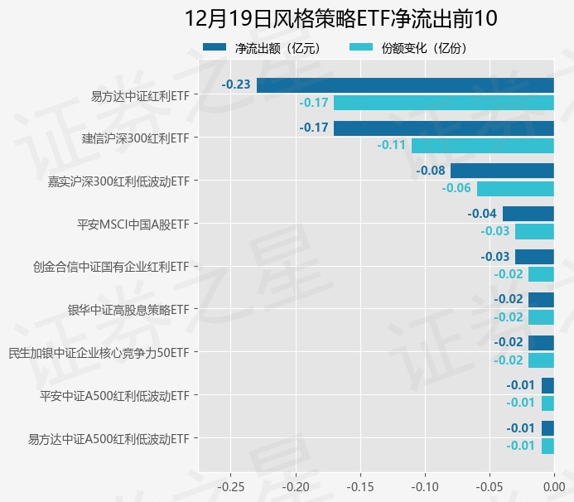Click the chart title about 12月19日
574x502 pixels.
coord(340,18)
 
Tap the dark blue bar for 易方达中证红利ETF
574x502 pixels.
coord(405,85)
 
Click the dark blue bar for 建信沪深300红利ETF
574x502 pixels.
coord(444,128)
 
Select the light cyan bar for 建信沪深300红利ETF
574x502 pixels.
coord(482,146)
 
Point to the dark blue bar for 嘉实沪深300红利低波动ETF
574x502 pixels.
coord(502,171)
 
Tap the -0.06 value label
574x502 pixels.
coord(456,188)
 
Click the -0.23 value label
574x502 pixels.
coord(236,85)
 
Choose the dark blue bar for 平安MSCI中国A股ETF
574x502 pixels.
coord(528,214)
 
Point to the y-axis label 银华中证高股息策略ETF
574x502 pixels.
coord(128,310)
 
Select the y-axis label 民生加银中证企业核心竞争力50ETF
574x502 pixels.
coord(99,353)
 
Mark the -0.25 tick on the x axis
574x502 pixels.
coord(231,485)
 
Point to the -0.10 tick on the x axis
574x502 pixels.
coord(425,485)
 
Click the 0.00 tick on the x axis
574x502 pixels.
coord(553,485)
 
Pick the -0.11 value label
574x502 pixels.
coord(391,146)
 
